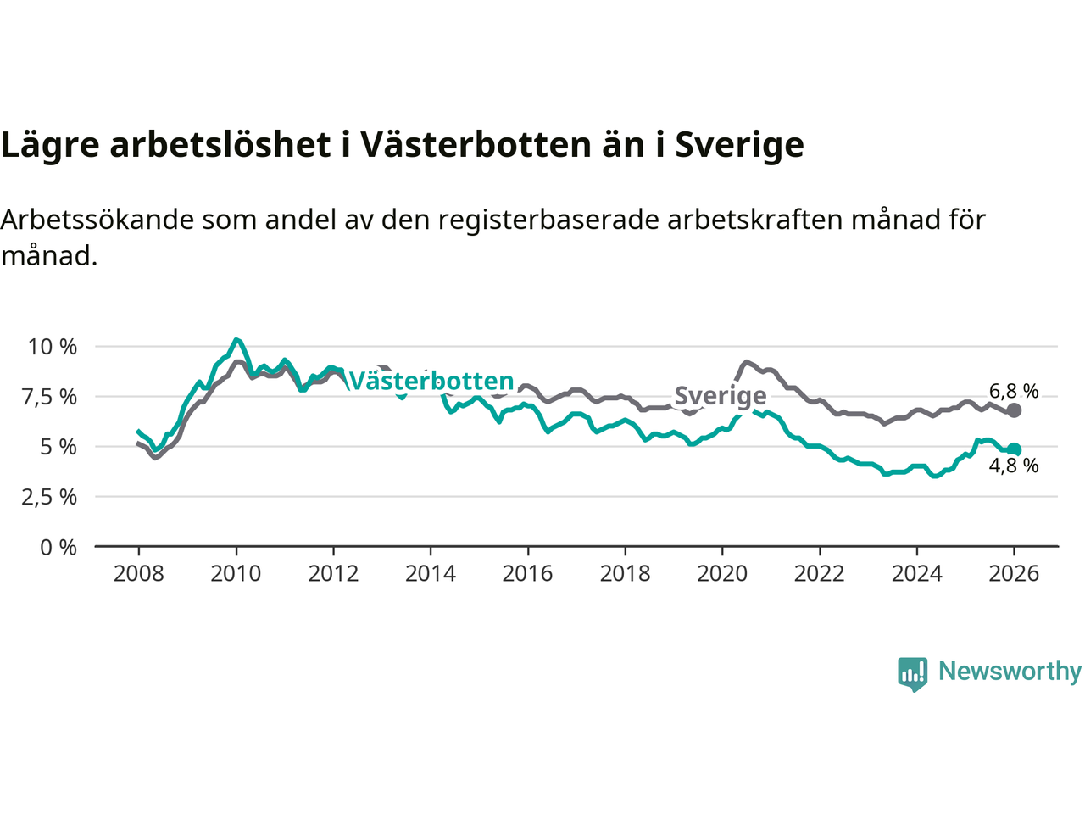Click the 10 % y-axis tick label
tap(53, 347)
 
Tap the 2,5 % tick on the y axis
tap(49, 497)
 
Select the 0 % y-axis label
tap(58, 548)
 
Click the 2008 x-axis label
tap(138, 574)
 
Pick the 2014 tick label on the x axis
tap(431, 574)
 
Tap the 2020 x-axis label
tap(722, 574)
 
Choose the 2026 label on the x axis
tap(1014, 574)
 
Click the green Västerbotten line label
tap(431, 382)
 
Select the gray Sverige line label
tap(721, 396)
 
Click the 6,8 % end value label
tap(1014, 392)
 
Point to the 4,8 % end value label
tap(1014, 466)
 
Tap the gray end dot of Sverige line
tap(1014, 410)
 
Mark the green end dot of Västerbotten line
tap(1014, 450)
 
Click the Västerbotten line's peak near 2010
tap(236, 340)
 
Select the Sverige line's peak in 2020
tap(746, 362)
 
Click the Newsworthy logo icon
tap(912, 674)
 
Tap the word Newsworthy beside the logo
tap(1010, 672)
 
